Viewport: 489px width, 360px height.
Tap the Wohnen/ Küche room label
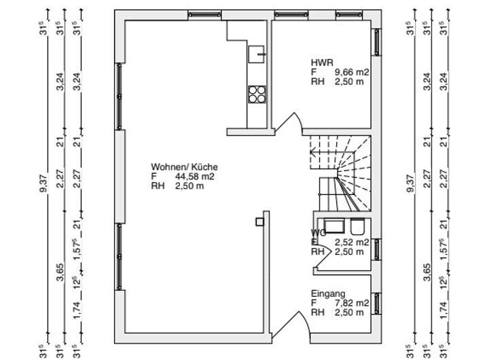pyautogui.click(x=184, y=166)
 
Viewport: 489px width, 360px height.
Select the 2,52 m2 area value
pyautogui.click(x=352, y=242)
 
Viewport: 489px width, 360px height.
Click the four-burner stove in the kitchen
pyautogui.click(x=257, y=94)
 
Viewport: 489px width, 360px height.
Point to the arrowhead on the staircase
pyautogui.click(x=312, y=153)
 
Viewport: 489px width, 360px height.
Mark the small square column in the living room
pyautogui.click(x=259, y=221)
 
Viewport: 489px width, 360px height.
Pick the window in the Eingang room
pyautogui.click(x=376, y=303)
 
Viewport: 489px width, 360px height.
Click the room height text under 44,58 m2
pyautogui.click(x=177, y=185)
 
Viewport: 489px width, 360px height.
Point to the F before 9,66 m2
pyautogui.click(x=314, y=71)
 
